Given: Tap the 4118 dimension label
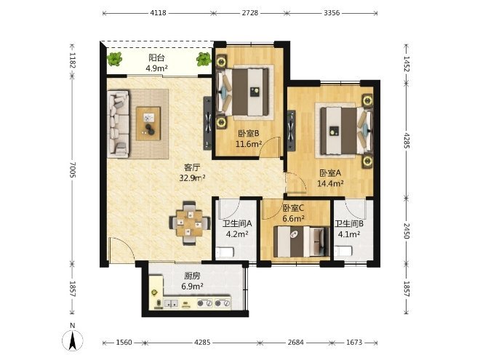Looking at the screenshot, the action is pos(159,13).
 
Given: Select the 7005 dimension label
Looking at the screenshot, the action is pos(73,169).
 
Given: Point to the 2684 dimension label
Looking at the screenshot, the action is pos(296,343).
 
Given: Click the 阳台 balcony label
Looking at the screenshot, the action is pos(157,57).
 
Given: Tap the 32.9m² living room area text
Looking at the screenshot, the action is pos(192,178).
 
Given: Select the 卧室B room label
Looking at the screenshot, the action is pos(249,134).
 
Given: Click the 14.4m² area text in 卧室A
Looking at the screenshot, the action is pos(330,183).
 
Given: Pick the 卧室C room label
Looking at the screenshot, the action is pos(293,209).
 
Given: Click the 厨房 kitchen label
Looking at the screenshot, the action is pos(192,276).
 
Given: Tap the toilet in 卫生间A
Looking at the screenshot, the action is pos(225,252).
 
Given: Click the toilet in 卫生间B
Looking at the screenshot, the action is pos(343,252).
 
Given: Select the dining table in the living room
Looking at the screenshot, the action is pos(190,223).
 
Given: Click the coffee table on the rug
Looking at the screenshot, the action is pos(148,124).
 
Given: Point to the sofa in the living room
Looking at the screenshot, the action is pos(118,124).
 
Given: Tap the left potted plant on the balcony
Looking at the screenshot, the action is pos(115,59).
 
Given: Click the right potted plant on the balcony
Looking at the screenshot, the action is pos(204,59).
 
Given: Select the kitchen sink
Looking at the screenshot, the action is pos(171,303).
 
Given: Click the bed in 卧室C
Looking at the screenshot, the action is pos(301,242).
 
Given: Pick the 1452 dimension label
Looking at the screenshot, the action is pos(407,63).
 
